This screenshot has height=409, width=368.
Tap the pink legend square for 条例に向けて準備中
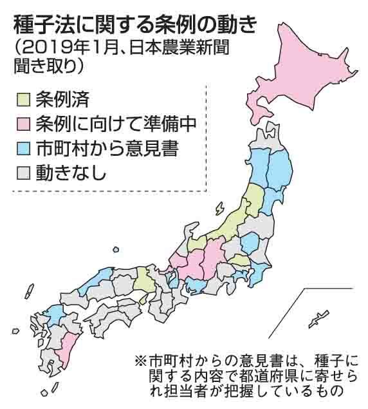pos(21,124)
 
